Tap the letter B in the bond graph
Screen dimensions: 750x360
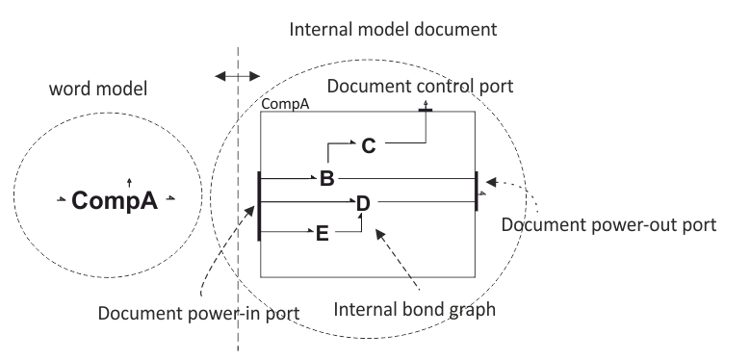pos(327,178)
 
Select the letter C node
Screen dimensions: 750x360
pos(369,146)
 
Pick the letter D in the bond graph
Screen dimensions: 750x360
pos(363,203)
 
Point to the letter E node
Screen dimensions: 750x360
pos(323,232)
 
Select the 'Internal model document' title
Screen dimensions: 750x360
pos(394,29)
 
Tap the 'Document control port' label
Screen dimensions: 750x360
pos(421,87)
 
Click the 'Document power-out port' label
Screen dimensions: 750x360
pos(610,225)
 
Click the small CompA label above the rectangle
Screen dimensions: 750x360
pos(285,105)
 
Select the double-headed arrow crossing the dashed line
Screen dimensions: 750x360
pos(237,74)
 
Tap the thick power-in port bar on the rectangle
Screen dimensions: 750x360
pos(259,204)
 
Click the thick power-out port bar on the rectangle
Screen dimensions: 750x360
pos(476,189)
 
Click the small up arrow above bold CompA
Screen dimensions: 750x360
pos(129,180)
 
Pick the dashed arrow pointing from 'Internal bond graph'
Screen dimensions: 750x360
pos(399,259)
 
